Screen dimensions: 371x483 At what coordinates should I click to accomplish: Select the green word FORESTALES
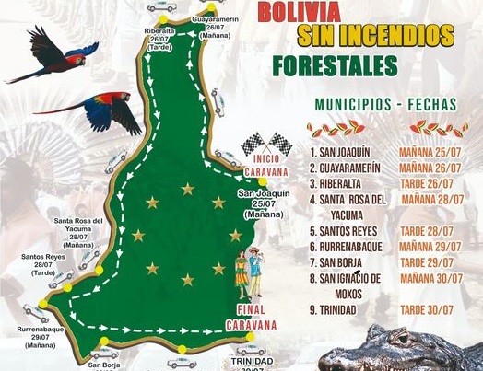click(335, 65)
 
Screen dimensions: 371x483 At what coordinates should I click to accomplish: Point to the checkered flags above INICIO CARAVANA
click(266, 144)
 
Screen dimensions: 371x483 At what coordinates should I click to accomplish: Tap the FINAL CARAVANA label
click(257, 317)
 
